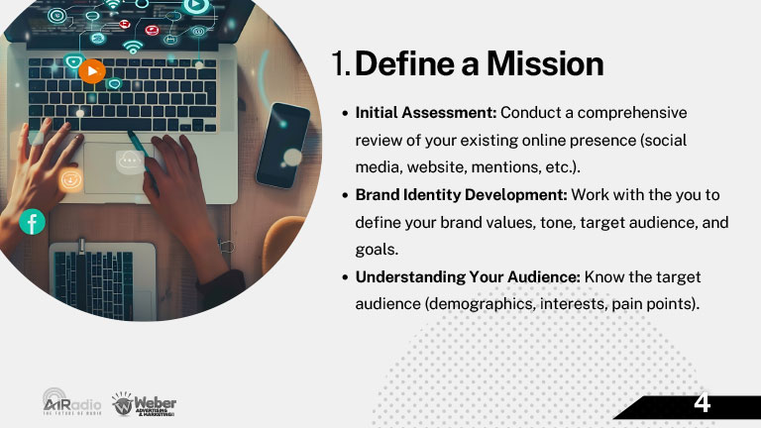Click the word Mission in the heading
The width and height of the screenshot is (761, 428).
click(545, 64)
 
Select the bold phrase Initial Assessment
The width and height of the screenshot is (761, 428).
click(425, 113)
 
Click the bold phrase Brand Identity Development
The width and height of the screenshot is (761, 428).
click(461, 194)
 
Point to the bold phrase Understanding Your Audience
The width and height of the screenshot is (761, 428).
click(468, 277)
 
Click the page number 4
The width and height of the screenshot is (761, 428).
click(702, 403)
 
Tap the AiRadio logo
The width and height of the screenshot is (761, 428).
click(71, 401)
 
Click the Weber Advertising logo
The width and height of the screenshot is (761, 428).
click(144, 404)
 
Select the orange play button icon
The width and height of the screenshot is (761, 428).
click(92, 71)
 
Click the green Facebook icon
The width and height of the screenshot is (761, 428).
click(32, 222)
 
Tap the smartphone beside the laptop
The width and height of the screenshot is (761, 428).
click(282, 145)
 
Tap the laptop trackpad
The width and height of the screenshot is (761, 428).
click(115, 167)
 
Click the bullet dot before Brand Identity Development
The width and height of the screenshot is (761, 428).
click(345, 195)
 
